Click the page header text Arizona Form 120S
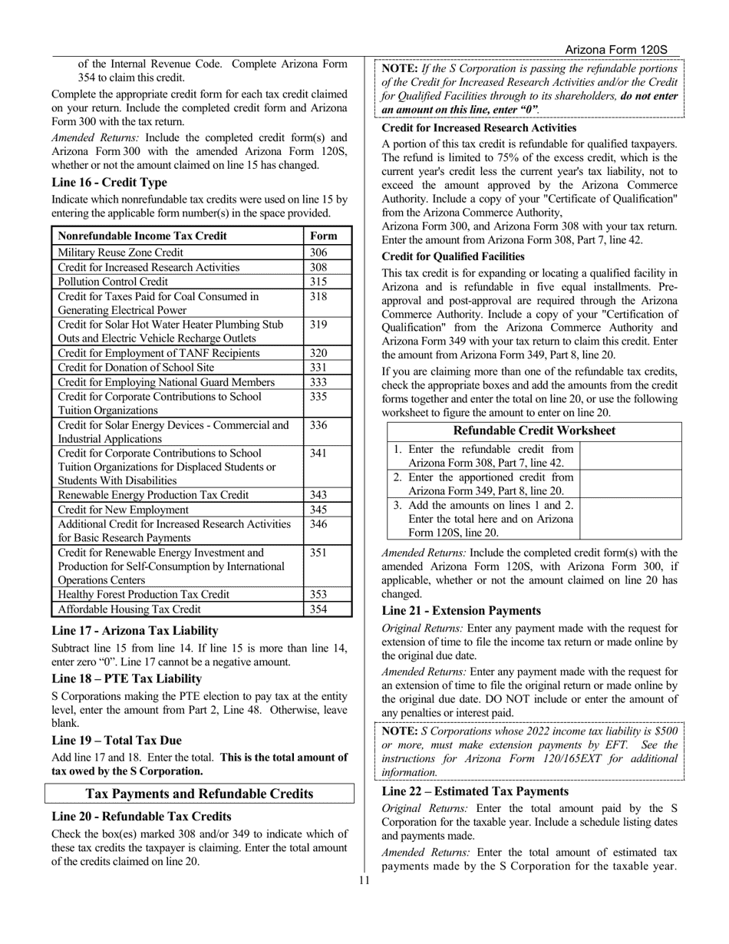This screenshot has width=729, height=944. point(615,49)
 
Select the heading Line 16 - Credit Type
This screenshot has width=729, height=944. point(109,183)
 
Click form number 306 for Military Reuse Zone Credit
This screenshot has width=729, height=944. point(318,253)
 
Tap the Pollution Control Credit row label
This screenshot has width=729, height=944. point(113,282)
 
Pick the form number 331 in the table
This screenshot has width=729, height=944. point(318,368)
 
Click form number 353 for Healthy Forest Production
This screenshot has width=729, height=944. point(318,595)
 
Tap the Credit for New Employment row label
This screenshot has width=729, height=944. point(123,510)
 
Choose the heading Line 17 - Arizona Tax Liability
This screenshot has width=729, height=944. point(134,630)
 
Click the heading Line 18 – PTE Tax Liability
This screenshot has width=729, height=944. point(127,678)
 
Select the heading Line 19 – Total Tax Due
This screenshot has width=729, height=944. point(117,741)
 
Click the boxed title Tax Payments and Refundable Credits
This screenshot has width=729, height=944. point(200,794)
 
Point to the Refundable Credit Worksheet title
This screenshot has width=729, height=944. point(534,431)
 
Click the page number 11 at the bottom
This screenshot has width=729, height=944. point(364,880)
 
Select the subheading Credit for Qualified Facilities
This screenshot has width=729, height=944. point(453,256)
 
